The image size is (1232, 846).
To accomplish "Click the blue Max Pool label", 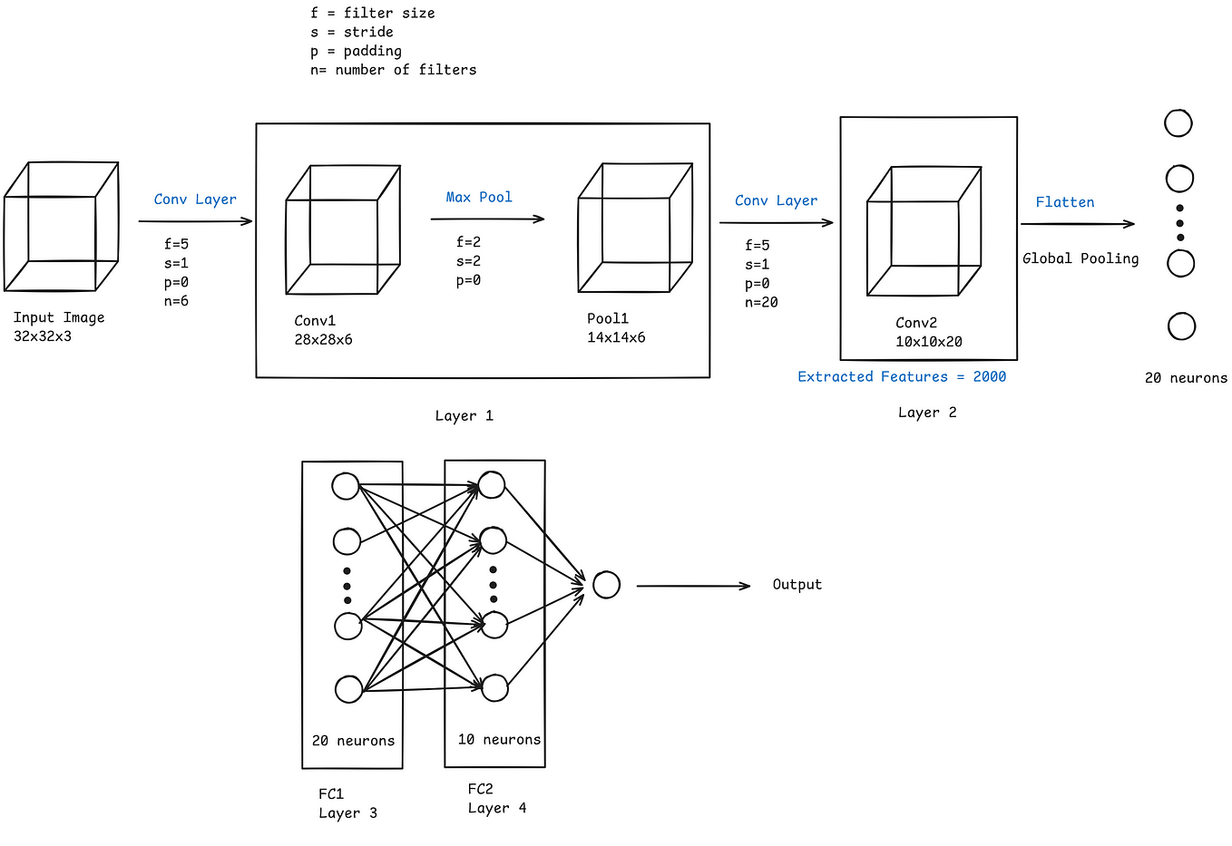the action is click(478, 197).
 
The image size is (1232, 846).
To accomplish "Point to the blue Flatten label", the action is click(1065, 202).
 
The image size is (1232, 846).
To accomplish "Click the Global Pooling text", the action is click(1080, 258).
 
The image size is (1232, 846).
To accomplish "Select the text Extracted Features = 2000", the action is click(902, 376).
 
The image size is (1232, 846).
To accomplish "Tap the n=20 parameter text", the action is click(761, 302).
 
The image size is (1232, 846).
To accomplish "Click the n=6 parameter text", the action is click(176, 301).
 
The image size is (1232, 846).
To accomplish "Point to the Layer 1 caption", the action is click(464, 415).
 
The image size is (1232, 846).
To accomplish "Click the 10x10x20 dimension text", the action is click(928, 341).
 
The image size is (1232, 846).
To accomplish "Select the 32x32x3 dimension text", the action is click(43, 335).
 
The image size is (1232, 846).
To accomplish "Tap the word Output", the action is click(797, 584).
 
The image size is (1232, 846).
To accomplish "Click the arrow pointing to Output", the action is click(693, 586).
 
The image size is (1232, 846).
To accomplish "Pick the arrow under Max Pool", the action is click(487, 219).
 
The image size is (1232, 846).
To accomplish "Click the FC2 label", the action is click(480, 789).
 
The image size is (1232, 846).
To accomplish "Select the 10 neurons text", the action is click(499, 739).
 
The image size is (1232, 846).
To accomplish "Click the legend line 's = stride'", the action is click(352, 32).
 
